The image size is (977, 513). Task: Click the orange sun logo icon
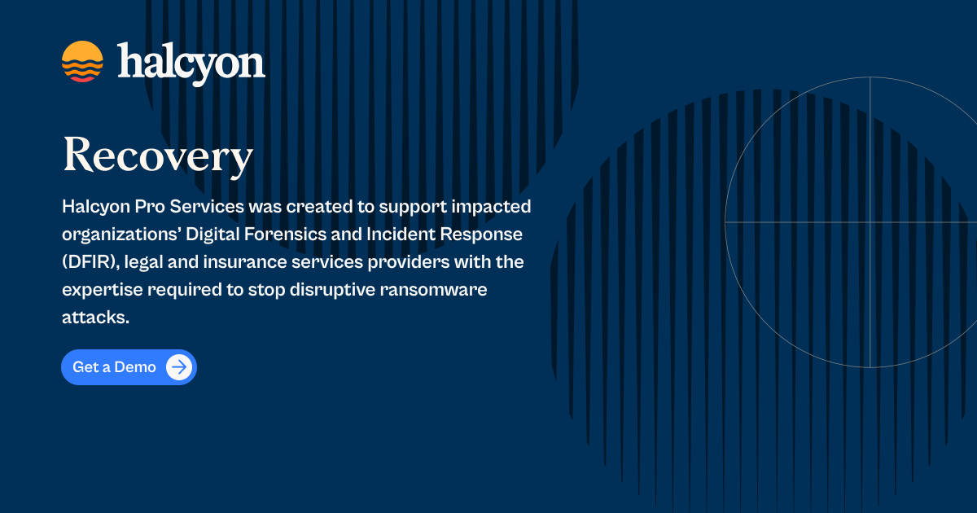pyautogui.click(x=82, y=62)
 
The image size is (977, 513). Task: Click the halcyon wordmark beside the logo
pyautogui.click(x=191, y=62)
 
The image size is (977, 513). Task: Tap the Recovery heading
pyautogui.click(x=158, y=156)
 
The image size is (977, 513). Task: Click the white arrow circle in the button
pyautogui.click(x=179, y=367)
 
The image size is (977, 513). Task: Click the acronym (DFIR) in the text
pyautogui.click(x=89, y=262)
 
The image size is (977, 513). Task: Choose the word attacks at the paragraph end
pyautogui.click(x=95, y=318)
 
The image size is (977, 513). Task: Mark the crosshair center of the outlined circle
pyautogui.click(x=870, y=221)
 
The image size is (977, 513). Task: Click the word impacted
pyautogui.click(x=497, y=207)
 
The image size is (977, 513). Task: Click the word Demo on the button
pyautogui.click(x=135, y=367)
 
